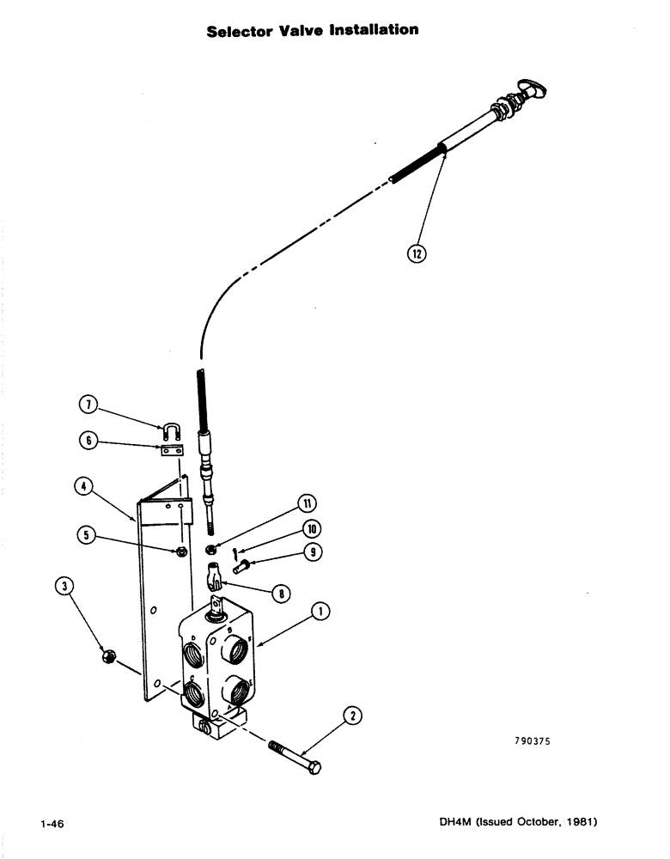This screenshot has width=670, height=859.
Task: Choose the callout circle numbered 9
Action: point(289,552)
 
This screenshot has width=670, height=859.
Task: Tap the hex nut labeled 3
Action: point(107,656)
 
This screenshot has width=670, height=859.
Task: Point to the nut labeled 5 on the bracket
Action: point(180,551)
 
